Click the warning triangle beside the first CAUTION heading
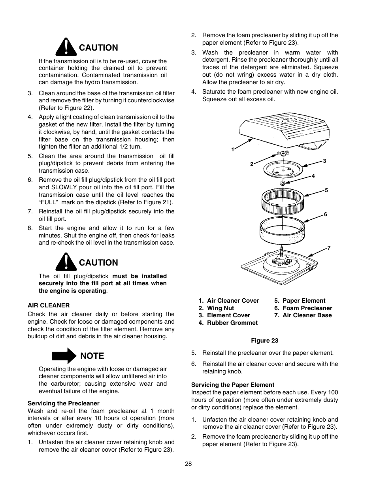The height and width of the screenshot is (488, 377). [x=66, y=48]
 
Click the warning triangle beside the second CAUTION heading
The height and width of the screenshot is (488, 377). [x=66, y=262]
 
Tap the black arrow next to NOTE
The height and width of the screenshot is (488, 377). [x=64, y=356]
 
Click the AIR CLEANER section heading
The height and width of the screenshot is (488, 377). [x=49, y=305]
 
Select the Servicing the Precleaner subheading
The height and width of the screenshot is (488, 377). [x=63, y=403]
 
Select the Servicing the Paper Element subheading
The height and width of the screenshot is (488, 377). [x=232, y=384]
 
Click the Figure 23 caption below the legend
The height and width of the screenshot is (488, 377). [x=264, y=341]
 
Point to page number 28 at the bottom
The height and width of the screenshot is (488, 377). [x=188, y=464]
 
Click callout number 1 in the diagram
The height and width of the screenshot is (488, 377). [x=233, y=149]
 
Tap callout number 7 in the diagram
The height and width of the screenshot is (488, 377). [x=328, y=248]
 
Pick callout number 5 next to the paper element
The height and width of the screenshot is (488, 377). [x=326, y=190]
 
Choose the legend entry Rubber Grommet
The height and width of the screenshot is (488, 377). [x=232, y=323]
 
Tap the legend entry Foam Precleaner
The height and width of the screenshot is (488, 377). [x=307, y=308]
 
